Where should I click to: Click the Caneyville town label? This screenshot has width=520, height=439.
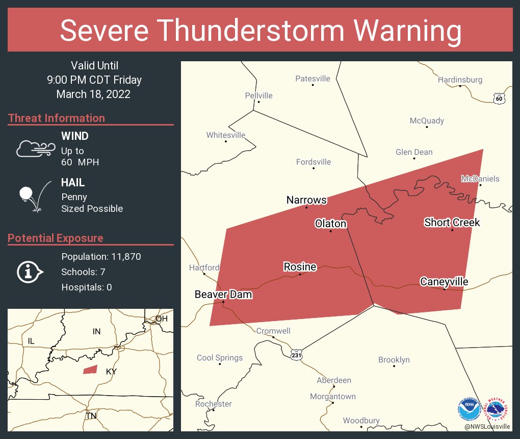[x=444, y=282]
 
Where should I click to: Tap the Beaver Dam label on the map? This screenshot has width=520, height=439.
[x=223, y=295]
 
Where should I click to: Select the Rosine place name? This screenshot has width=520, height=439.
[x=300, y=267]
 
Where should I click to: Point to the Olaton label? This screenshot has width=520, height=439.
[x=330, y=224]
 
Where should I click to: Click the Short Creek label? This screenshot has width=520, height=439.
[x=452, y=222]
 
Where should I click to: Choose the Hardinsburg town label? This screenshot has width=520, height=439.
[x=460, y=80]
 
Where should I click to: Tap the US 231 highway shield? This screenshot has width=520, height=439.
[x=296, y=354]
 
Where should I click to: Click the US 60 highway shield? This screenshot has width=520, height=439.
[x=499, y=99]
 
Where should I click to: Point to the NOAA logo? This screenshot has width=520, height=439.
[x=470, y=408]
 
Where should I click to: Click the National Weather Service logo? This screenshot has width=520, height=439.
[x=497, y=408]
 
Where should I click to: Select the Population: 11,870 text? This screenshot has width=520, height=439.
[x=101, y=256]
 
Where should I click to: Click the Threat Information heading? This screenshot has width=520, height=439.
[x=57, y=118]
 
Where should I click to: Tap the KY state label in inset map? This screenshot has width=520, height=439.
[x=111, y=372]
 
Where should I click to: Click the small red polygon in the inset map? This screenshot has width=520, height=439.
[x=90, y=370]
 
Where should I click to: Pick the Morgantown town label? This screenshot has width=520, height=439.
[x=333, y=396]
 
